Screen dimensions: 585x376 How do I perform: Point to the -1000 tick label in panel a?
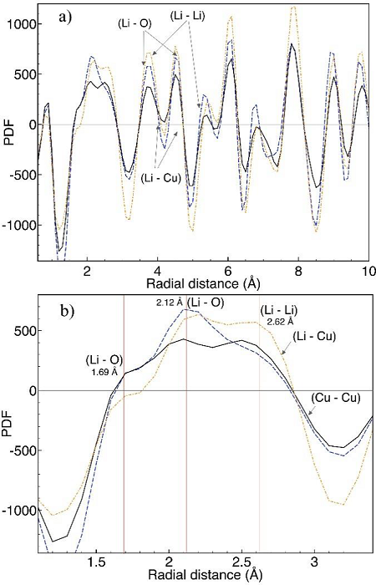[x=17, y=225]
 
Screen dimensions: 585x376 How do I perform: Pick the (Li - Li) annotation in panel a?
[x=191, y=16]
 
